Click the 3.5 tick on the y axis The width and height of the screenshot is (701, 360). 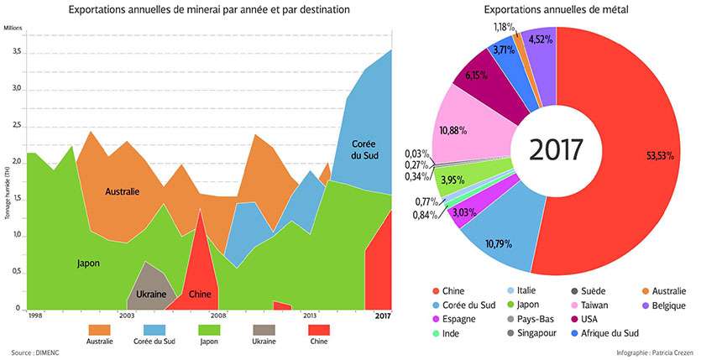coord(16,52)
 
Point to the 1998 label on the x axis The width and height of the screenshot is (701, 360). coord(34,316)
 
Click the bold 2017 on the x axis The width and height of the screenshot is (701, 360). coord(383,316)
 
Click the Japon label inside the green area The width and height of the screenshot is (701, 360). coord(88,263)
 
